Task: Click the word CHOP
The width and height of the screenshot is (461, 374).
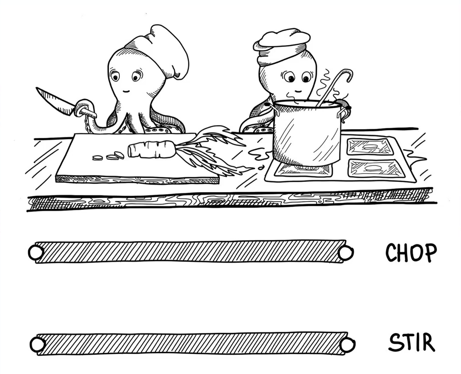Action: (411, 253)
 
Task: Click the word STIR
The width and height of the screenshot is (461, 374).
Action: (412, 342)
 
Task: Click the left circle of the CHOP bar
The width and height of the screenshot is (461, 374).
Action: (36, 253)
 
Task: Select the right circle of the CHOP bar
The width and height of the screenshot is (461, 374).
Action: (345, 253)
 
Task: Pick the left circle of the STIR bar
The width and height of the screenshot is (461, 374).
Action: (38, 345)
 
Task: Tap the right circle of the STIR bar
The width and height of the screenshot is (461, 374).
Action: (347, 344)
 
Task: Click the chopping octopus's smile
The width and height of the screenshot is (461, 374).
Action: (127, 91)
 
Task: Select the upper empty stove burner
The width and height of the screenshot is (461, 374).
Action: (370, 146)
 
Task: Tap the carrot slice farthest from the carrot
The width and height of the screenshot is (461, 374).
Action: (97, 158)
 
